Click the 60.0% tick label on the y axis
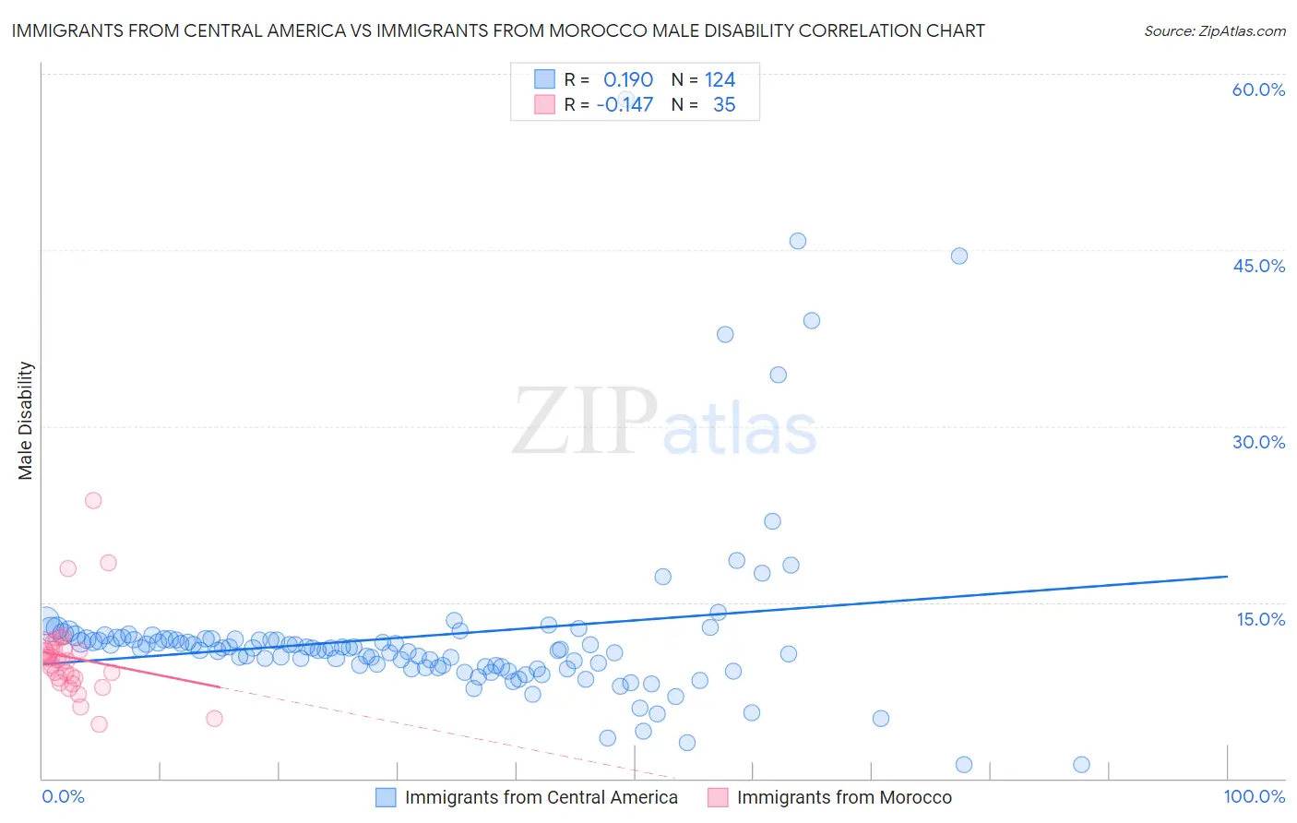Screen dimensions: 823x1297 (x=1258, y=89)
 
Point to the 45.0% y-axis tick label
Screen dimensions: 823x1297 (x=1258, y=266)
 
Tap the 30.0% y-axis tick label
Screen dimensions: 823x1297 (x=1258, y=442)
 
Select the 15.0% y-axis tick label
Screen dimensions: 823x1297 (x=1260, y=619)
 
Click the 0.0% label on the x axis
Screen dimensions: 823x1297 (x=63, y=796)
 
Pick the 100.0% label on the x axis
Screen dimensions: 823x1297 (x=1254, y=796)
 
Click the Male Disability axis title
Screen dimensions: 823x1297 (x=26, y=420)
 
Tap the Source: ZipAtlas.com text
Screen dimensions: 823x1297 (x=1214, y=30)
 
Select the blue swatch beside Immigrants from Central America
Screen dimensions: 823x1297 (x=386, y=797)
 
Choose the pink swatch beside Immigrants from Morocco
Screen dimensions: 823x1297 (x=718, y=797)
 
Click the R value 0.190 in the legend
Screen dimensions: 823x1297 (x=627, y=80)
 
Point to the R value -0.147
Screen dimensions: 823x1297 (x=625, y=105)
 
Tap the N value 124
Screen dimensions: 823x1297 (x=720, y=80)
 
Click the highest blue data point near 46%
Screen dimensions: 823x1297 (x=798, y=241)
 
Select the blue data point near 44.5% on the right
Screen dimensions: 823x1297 (x=959, y=256)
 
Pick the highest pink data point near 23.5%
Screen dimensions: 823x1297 (x=93, y=500)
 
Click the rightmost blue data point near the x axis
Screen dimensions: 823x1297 (x=1082, y=764)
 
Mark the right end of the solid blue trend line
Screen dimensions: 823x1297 (x=1227, y=576)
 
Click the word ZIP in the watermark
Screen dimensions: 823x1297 (x=585, y=422)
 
